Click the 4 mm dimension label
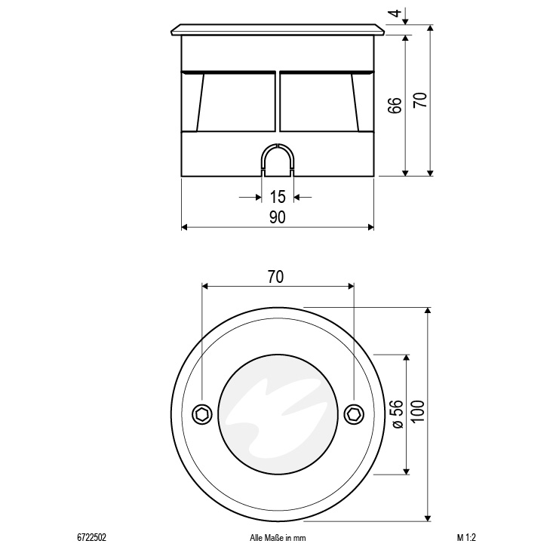tap(396, 13)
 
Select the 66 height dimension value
tap(395, 106)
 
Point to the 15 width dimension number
tap(278, 197)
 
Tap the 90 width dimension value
tap(278, 217)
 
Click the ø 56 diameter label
tap(398, 414)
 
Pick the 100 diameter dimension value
tap(419, 411)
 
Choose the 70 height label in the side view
tap(420, 100)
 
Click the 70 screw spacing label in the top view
tap(275, 277)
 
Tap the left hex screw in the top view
tap(202, 414)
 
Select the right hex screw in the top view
tap(355, 414)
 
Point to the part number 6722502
tap(91, 538)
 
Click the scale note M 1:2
tap(466, 538)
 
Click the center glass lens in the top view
tap(278, 414)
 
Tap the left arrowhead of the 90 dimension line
tap(184, 227)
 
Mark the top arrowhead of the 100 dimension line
tap(428, 310)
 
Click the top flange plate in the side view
tap(278, 29)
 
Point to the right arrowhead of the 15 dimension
tap(296, 197)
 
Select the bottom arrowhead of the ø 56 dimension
tap(407, 471)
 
